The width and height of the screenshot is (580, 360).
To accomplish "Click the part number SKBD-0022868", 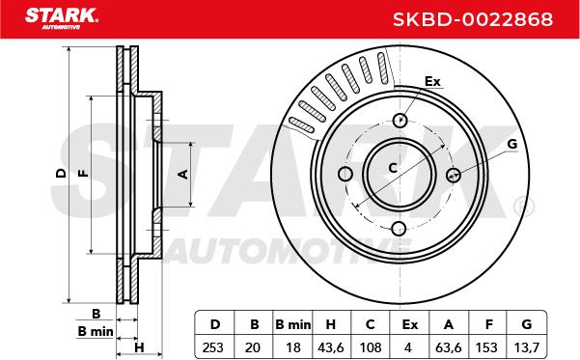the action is click(473, 19).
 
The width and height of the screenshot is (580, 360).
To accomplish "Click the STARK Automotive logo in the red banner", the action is click(62, 18).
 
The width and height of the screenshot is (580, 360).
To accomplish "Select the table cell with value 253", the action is click(213, 347).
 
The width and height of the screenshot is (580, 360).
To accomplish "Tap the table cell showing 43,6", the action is click(331, 347).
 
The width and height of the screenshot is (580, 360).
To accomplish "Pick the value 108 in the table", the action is click(371, 347).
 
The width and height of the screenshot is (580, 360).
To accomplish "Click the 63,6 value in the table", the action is click(449, 347).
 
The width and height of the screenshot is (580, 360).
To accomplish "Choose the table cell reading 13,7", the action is click(527, 347).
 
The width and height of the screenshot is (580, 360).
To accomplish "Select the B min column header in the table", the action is click(293, 324).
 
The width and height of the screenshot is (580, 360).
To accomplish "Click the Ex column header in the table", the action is click(410, 324).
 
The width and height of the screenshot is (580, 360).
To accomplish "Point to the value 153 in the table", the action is click(486, 347).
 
